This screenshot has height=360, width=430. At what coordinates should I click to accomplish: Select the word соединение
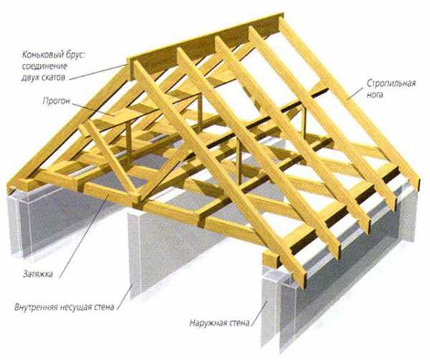click(44, 66)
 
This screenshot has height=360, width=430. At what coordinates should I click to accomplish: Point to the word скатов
click(54, 77)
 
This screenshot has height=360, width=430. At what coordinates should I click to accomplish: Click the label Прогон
click(57, 101)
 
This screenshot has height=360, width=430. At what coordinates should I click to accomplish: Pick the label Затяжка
click(38, 274)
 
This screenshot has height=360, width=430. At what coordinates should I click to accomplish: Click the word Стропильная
click(391, 83)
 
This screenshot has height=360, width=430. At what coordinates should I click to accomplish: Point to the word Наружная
click(207, 323)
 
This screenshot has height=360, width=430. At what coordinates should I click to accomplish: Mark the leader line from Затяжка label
click(83, 235)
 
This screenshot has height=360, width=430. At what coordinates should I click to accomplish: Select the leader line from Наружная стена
click(259, 313)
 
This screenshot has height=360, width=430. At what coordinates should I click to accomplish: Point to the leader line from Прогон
click(92, 110)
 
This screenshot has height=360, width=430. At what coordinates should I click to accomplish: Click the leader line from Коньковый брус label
click(98, 72)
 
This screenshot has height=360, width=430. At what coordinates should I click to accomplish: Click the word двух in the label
click(30, 77)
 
